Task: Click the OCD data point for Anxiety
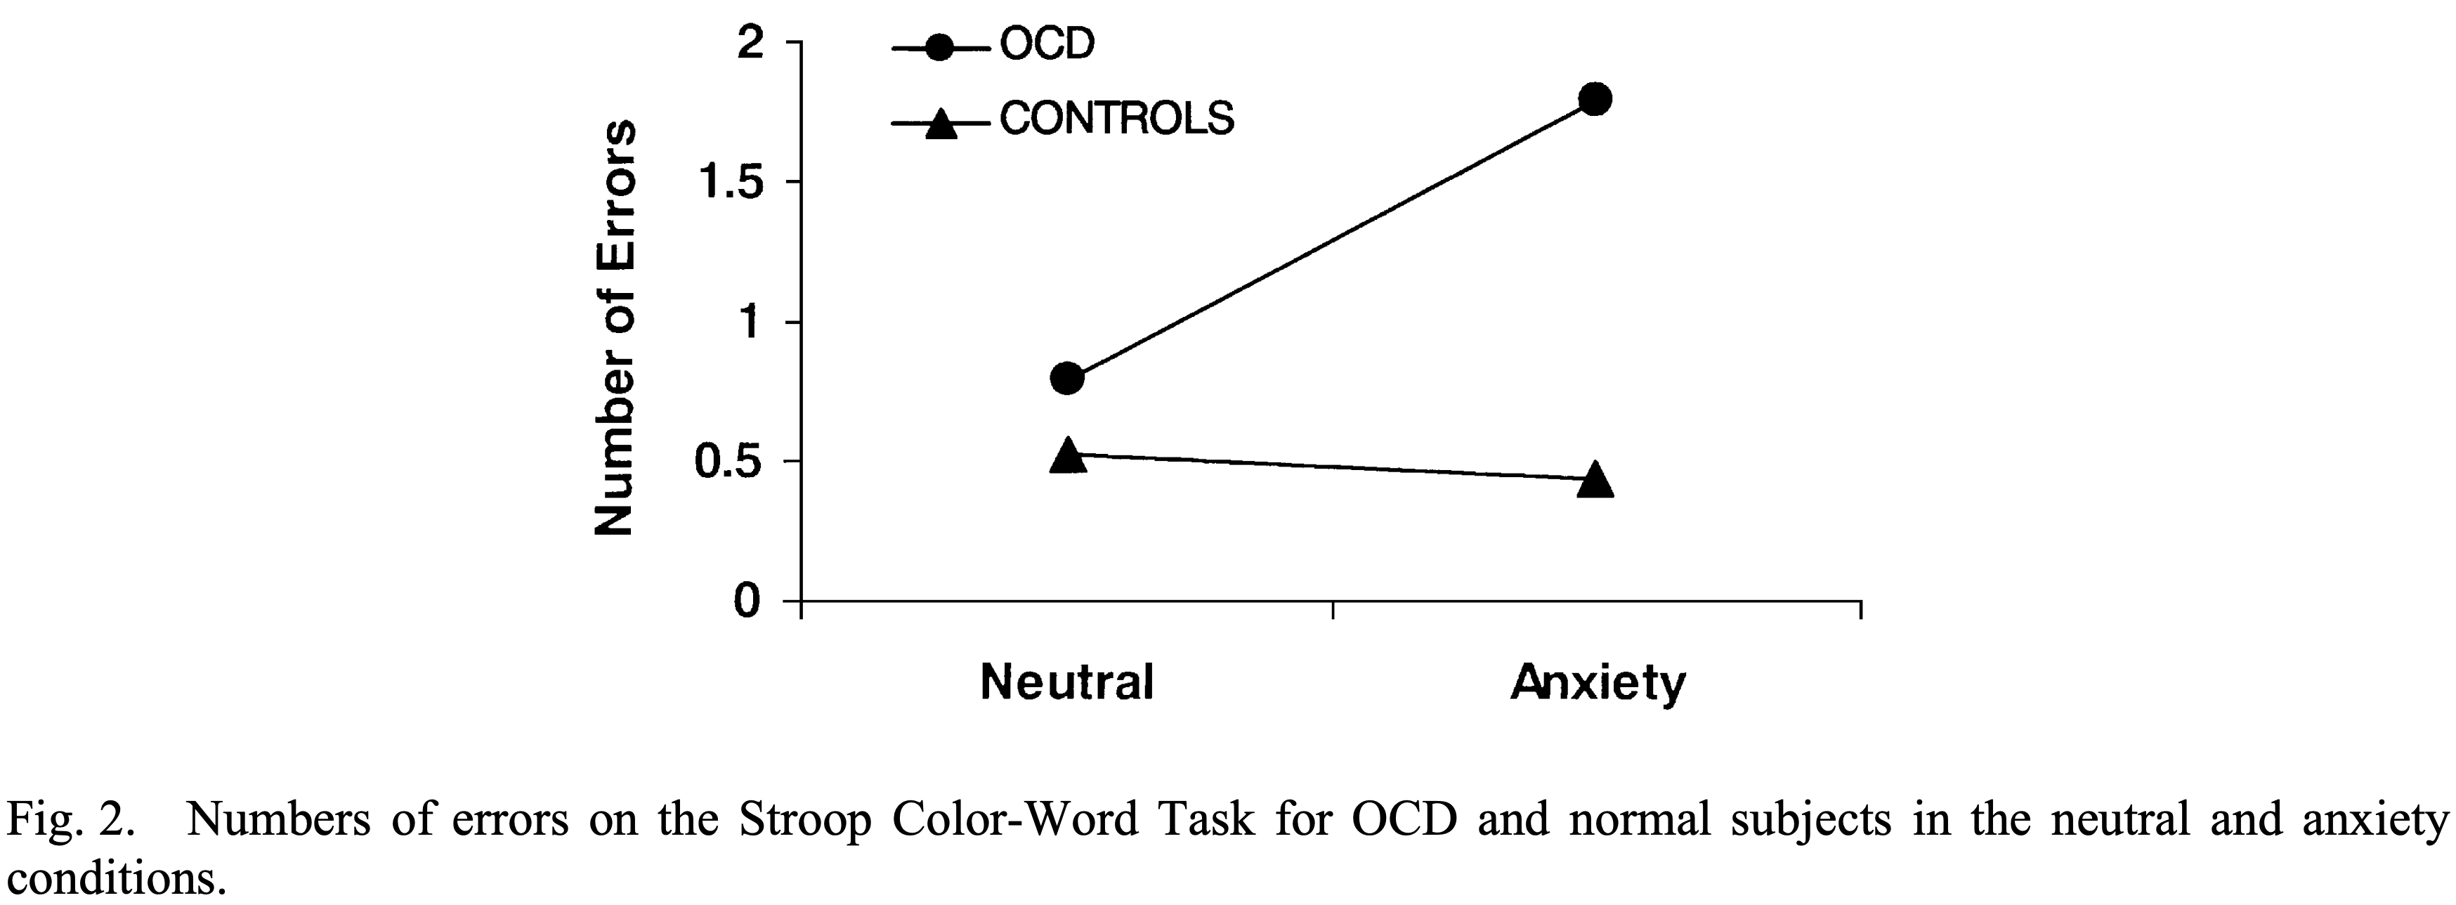[1595, 99]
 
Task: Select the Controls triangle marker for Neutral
[1068, 457]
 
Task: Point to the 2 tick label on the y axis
[751, 43]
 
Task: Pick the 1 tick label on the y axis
[751, 323]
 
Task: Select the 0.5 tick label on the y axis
[729, 462]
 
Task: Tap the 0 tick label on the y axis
[748, 601]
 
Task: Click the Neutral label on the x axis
[1067, 683]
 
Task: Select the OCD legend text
[1047, 44]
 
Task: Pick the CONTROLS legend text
[1116, 118]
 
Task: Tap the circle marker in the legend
[940, 48]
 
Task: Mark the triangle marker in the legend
[941, 124]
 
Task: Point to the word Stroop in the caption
[806, 820]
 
